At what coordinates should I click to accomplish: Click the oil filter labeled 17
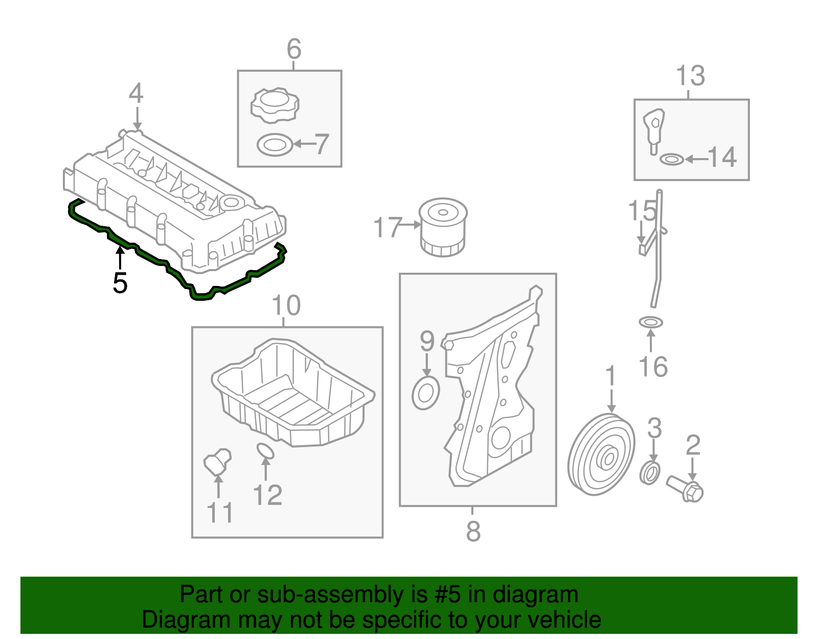pos(443,227)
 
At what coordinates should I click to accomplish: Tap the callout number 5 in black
pos(120,283)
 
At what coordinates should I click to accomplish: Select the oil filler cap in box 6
pos(275,105)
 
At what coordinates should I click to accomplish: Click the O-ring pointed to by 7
pos(275,145)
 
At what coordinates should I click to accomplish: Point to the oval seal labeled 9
pos(425,393)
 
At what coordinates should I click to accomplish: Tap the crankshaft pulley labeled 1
pos(601,455)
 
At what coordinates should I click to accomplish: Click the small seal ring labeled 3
pos(650,473)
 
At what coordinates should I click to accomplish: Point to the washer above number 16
pos(650,322)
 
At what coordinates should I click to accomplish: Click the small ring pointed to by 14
pos(671,160)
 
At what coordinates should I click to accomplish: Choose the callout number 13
pos(690,76)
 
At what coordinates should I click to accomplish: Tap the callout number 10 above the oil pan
pos(286,305)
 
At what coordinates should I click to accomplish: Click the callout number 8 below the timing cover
pos(473,531)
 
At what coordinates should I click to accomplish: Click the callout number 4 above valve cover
pos(136,94)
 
